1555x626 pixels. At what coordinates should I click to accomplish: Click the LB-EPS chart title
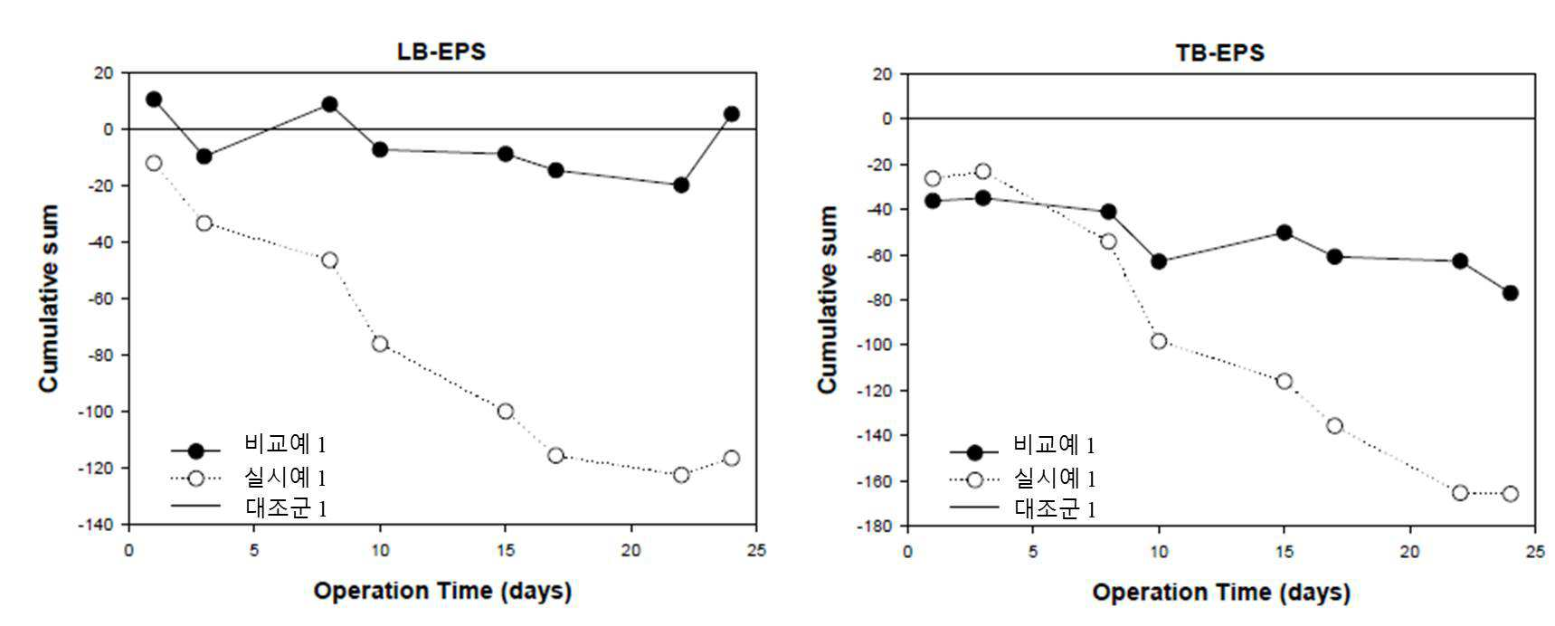(441, 52)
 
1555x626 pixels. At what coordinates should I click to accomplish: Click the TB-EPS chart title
(1219, 52)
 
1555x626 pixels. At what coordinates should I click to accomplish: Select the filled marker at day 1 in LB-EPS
(154, 100)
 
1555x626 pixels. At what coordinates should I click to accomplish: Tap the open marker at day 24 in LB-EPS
(731, 459)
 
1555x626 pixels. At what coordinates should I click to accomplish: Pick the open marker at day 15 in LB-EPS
(506, 412)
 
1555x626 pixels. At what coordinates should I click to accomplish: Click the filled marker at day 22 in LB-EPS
(681, 185)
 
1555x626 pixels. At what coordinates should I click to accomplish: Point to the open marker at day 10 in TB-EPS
(1159, 341)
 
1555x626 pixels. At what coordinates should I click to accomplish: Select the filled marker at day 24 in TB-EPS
(1510, 293)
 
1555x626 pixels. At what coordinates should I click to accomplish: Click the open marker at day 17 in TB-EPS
(1334, 425)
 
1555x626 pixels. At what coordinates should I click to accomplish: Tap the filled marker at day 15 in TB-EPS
(1284, 232)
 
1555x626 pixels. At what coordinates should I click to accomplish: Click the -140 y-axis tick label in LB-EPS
(101, 525)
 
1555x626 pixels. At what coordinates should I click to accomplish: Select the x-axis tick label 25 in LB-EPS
(755, 550)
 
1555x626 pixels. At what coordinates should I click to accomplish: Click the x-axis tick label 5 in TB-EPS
(1033, 552)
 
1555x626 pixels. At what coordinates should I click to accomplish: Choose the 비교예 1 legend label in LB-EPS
(284, 444)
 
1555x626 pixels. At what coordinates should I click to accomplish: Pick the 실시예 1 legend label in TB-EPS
(1055, 478)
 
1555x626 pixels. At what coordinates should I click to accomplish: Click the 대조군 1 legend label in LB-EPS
(286, 507)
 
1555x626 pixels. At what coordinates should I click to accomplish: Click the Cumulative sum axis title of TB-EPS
(827, 299)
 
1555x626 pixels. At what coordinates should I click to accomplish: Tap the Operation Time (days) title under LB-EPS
(442, 592)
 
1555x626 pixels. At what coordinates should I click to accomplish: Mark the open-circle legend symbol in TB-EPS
(974, 479)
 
